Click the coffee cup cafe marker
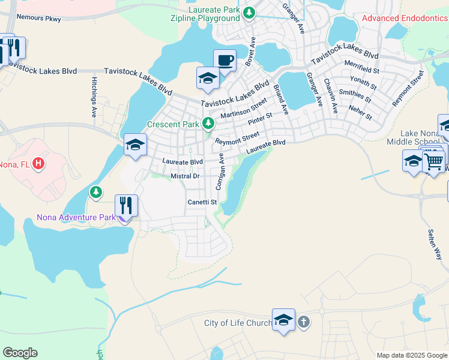click(225, 60)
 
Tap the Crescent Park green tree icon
click(208, 123)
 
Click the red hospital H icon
click(38, 163)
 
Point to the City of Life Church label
click(238, 323)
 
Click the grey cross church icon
click(304, 322)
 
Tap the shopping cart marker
click(433, 160)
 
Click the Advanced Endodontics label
click(405, 18)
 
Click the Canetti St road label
click(202, 202)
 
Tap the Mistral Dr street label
click(185, 176)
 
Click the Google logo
click(20, 353)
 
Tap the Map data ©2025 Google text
click(412, 355)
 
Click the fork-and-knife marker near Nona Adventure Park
click(127, 205)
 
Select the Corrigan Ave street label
click(220, 171)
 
